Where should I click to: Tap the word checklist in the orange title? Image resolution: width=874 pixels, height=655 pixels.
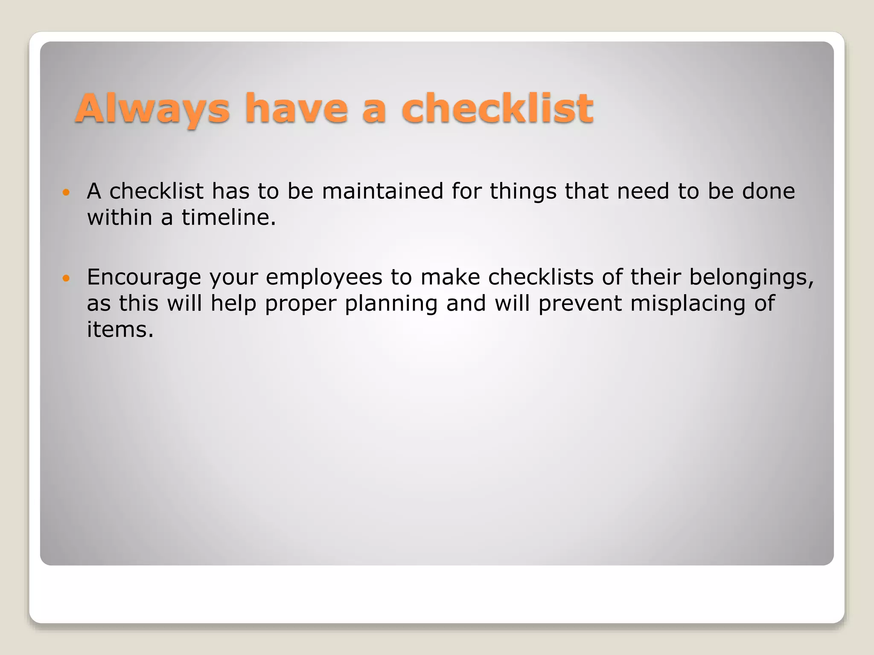pos(497,109)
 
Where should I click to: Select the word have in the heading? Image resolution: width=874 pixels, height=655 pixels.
pos(296,109)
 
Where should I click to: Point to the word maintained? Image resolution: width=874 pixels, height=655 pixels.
pos(382,191)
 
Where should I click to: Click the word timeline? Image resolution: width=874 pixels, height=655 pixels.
pos(228,217)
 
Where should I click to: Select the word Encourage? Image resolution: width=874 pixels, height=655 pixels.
pos(144,277)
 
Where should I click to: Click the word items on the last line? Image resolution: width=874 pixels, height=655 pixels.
pos(120,330)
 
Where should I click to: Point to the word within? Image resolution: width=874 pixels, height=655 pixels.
pos(119,217)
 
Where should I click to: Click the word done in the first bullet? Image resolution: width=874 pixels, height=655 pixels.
pos(769,191)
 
